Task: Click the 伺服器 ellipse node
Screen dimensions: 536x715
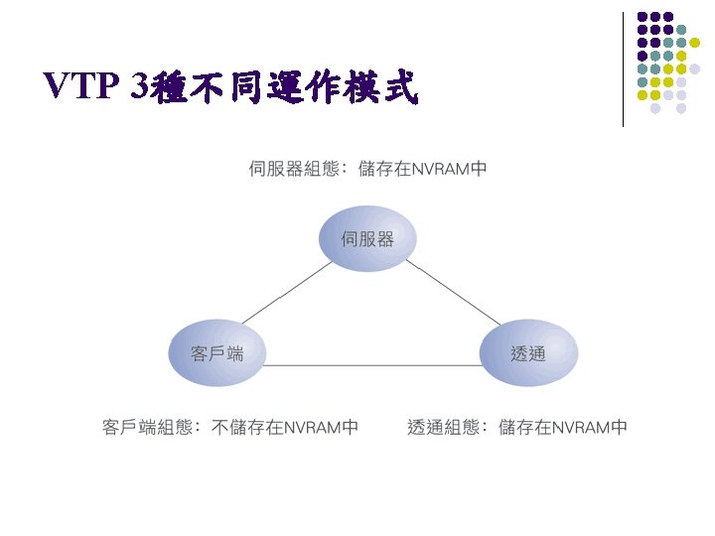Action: [x=367, y=238]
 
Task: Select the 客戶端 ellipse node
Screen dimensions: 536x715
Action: [x=217, y=352]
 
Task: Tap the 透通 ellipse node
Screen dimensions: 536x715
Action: [x=527, y=352]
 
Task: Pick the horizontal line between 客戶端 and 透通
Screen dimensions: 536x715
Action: [x=372, y=365]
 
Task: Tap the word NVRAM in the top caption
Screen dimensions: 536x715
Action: [x=440, y=169]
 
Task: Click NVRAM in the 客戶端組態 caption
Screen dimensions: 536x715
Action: [x=311, y=428]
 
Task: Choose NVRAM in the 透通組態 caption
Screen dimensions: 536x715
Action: [x=580, y=428]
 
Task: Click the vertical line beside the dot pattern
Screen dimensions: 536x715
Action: [x=623, y=69]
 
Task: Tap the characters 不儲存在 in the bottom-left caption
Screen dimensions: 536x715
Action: [x=247, y=428]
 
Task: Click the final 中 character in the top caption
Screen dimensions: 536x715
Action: [x=479, y=169]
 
